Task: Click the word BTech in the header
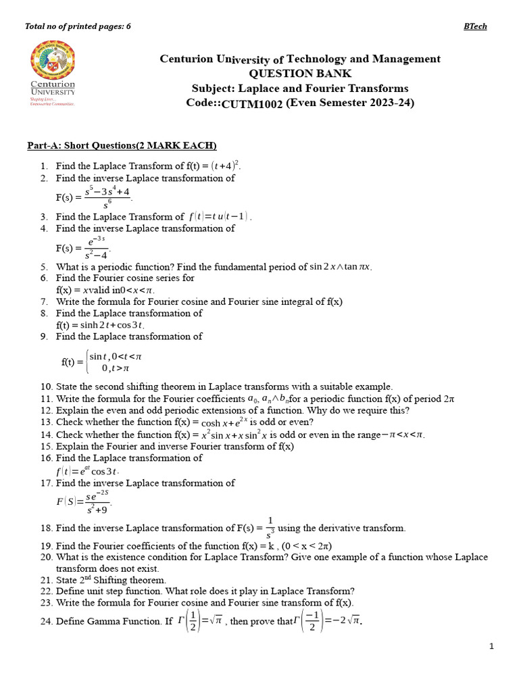475,26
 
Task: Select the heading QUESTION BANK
300,74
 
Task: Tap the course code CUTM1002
252,103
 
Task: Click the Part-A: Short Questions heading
122,146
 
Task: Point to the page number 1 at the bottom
492,646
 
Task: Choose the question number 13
46,422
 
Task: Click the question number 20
46,558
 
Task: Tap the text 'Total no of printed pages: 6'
78,26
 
